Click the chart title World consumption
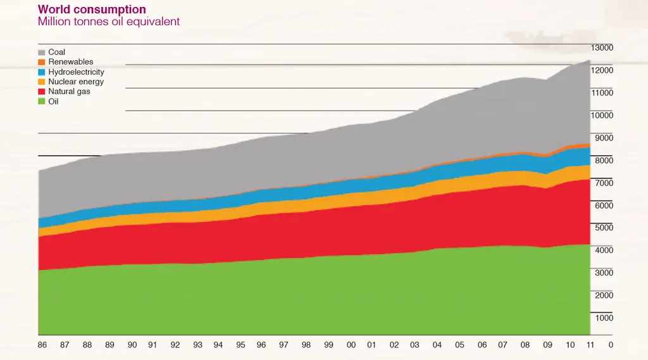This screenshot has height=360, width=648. (x=92, y=9)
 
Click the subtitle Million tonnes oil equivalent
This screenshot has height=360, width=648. (x=109, y=22)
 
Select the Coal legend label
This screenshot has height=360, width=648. (x=57, y=52)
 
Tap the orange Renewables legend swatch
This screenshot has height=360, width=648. (x=42, y=62)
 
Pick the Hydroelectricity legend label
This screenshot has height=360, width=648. (x=76, y=72)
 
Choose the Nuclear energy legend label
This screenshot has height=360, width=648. (x=76, y=82)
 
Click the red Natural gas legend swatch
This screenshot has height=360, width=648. (x=42, y=92)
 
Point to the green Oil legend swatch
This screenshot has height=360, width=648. (x=42, y=101)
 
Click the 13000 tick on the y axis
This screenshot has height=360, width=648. (x=602, y=47)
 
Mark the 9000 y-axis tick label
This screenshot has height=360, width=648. (x=602, y=138)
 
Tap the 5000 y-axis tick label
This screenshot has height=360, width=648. (x=602, y=228)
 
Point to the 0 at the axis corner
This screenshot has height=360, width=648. (x=610, y=345)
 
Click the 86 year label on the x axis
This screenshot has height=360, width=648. (x=43, y=345)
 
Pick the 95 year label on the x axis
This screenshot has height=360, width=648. (x=240, y=345)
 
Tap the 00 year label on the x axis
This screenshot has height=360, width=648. (x=351, y=345)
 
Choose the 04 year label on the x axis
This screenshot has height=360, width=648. (x=437, y=345)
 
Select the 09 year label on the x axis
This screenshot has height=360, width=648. (x=548, y=345)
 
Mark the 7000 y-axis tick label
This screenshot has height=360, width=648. (x=602, y=183)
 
